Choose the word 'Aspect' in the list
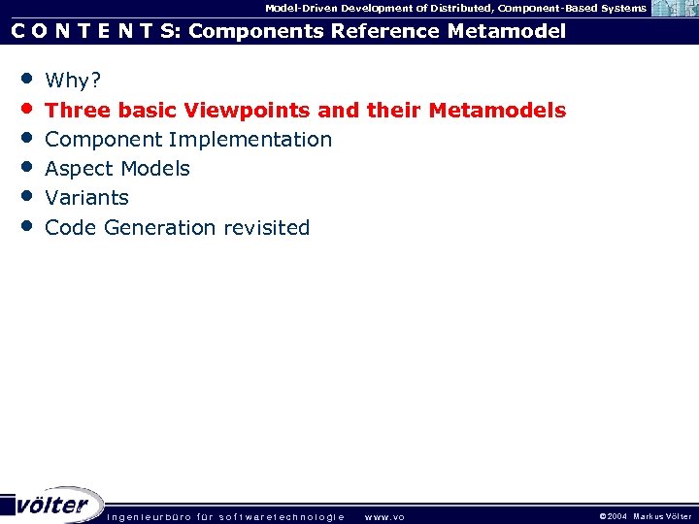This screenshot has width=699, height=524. click(x=80, y=169)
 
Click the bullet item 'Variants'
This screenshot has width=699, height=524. click(x=86, y=198)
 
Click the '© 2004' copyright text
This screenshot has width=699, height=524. click(x=614, y=516)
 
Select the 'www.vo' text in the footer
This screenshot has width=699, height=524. click(x=384, y=516)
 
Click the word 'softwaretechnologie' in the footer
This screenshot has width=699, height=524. click(x=283, y=516)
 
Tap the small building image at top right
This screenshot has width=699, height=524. click(x=673, y=9)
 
